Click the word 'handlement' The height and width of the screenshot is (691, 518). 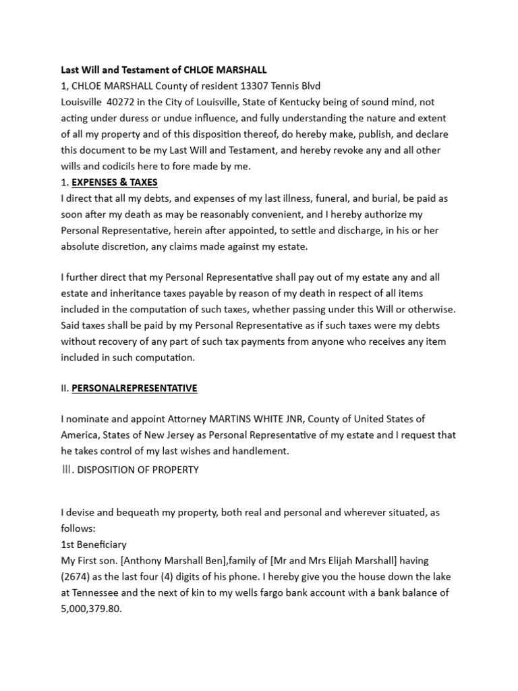[x=262, y=451]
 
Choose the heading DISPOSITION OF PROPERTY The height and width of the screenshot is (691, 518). [x=138, y=470]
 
